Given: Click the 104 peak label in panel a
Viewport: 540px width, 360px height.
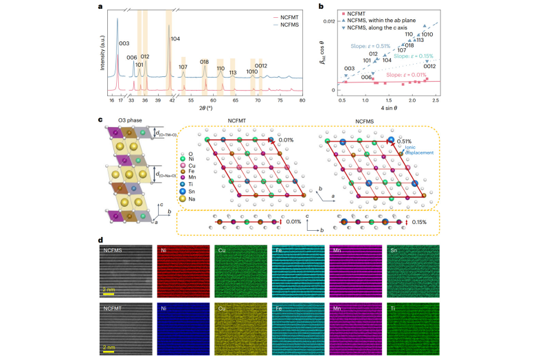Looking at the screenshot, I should tap(176, 39).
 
